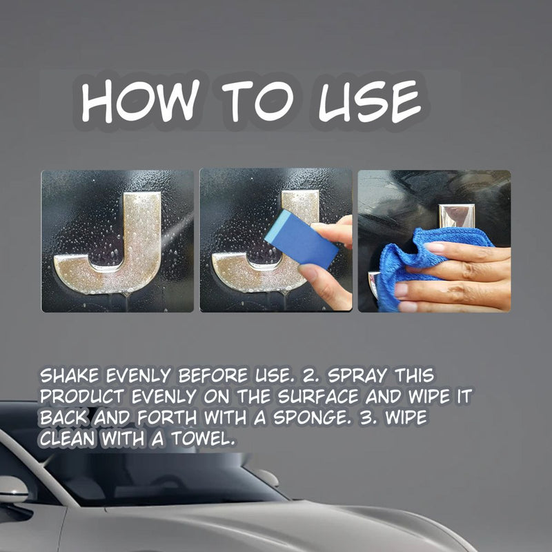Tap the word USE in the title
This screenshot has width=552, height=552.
[370, 101]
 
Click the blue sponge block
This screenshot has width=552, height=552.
[302, 239]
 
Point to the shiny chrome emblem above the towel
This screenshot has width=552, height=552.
[457, 215]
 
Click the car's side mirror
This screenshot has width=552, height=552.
[13, 489]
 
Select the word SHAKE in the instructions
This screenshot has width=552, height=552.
[70, 375]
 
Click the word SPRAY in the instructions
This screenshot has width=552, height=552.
[357, 375]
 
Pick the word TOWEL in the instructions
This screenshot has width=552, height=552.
[203, 439]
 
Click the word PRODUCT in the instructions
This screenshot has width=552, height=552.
[82, 396]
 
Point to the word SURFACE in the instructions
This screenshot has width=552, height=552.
[318, 396]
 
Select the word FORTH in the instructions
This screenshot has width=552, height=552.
[167, 417]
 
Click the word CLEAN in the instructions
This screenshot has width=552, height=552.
[68, 439]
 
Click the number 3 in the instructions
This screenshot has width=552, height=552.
[368, 418]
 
